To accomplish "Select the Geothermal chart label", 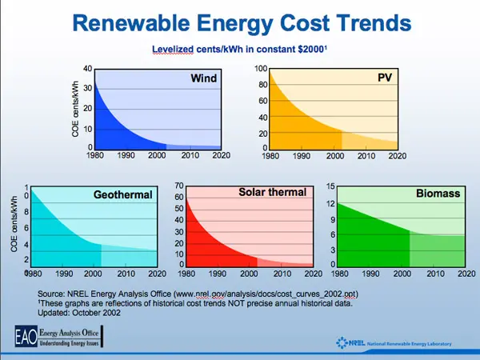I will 121,194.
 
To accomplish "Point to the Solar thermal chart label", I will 273,192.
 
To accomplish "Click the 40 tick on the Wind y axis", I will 87,69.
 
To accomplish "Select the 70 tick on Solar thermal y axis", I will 180,185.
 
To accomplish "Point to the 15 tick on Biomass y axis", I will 328,186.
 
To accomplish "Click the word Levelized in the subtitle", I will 175,50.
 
